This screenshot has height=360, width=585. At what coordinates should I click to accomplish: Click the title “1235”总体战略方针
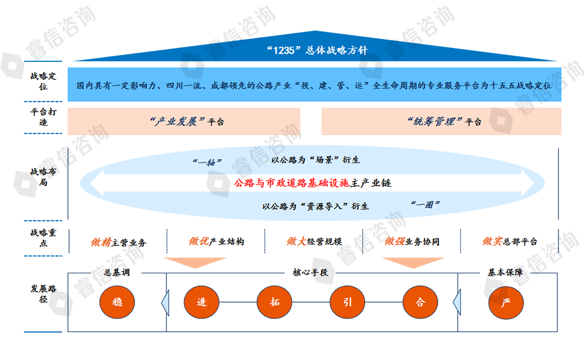pos(317,50)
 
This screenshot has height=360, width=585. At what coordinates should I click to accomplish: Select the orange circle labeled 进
pos(201,302)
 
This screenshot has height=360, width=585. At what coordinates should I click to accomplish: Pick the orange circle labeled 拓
pos(274,302)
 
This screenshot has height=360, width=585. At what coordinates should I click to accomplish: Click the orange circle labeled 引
pos(348,302)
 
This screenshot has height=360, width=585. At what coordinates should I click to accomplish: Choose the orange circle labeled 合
pos(420,302)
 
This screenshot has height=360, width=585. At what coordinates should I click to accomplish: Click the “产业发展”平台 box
pos(184,121)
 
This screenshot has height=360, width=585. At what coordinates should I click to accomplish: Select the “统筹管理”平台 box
pos(442,121)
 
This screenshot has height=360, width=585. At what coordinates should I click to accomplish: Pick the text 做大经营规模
pos(314,241)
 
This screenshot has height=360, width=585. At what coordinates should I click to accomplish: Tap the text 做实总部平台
pos(510,241)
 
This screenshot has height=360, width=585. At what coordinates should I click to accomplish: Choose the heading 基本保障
pos(505,272)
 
